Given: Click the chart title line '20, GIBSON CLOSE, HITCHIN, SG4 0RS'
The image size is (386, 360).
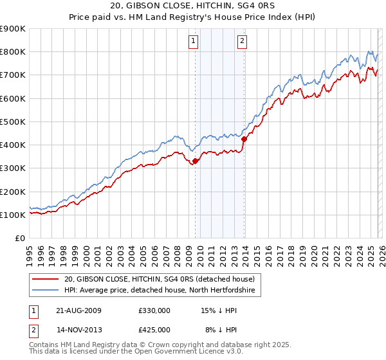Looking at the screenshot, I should [193, 6].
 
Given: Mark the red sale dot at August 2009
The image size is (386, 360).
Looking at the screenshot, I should [195, 161].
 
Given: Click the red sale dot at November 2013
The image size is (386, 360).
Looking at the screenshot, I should [244, 139].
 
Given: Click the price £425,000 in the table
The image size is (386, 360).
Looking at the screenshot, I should [154, 330].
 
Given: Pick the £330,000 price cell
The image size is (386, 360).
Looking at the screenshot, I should [154, 310].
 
